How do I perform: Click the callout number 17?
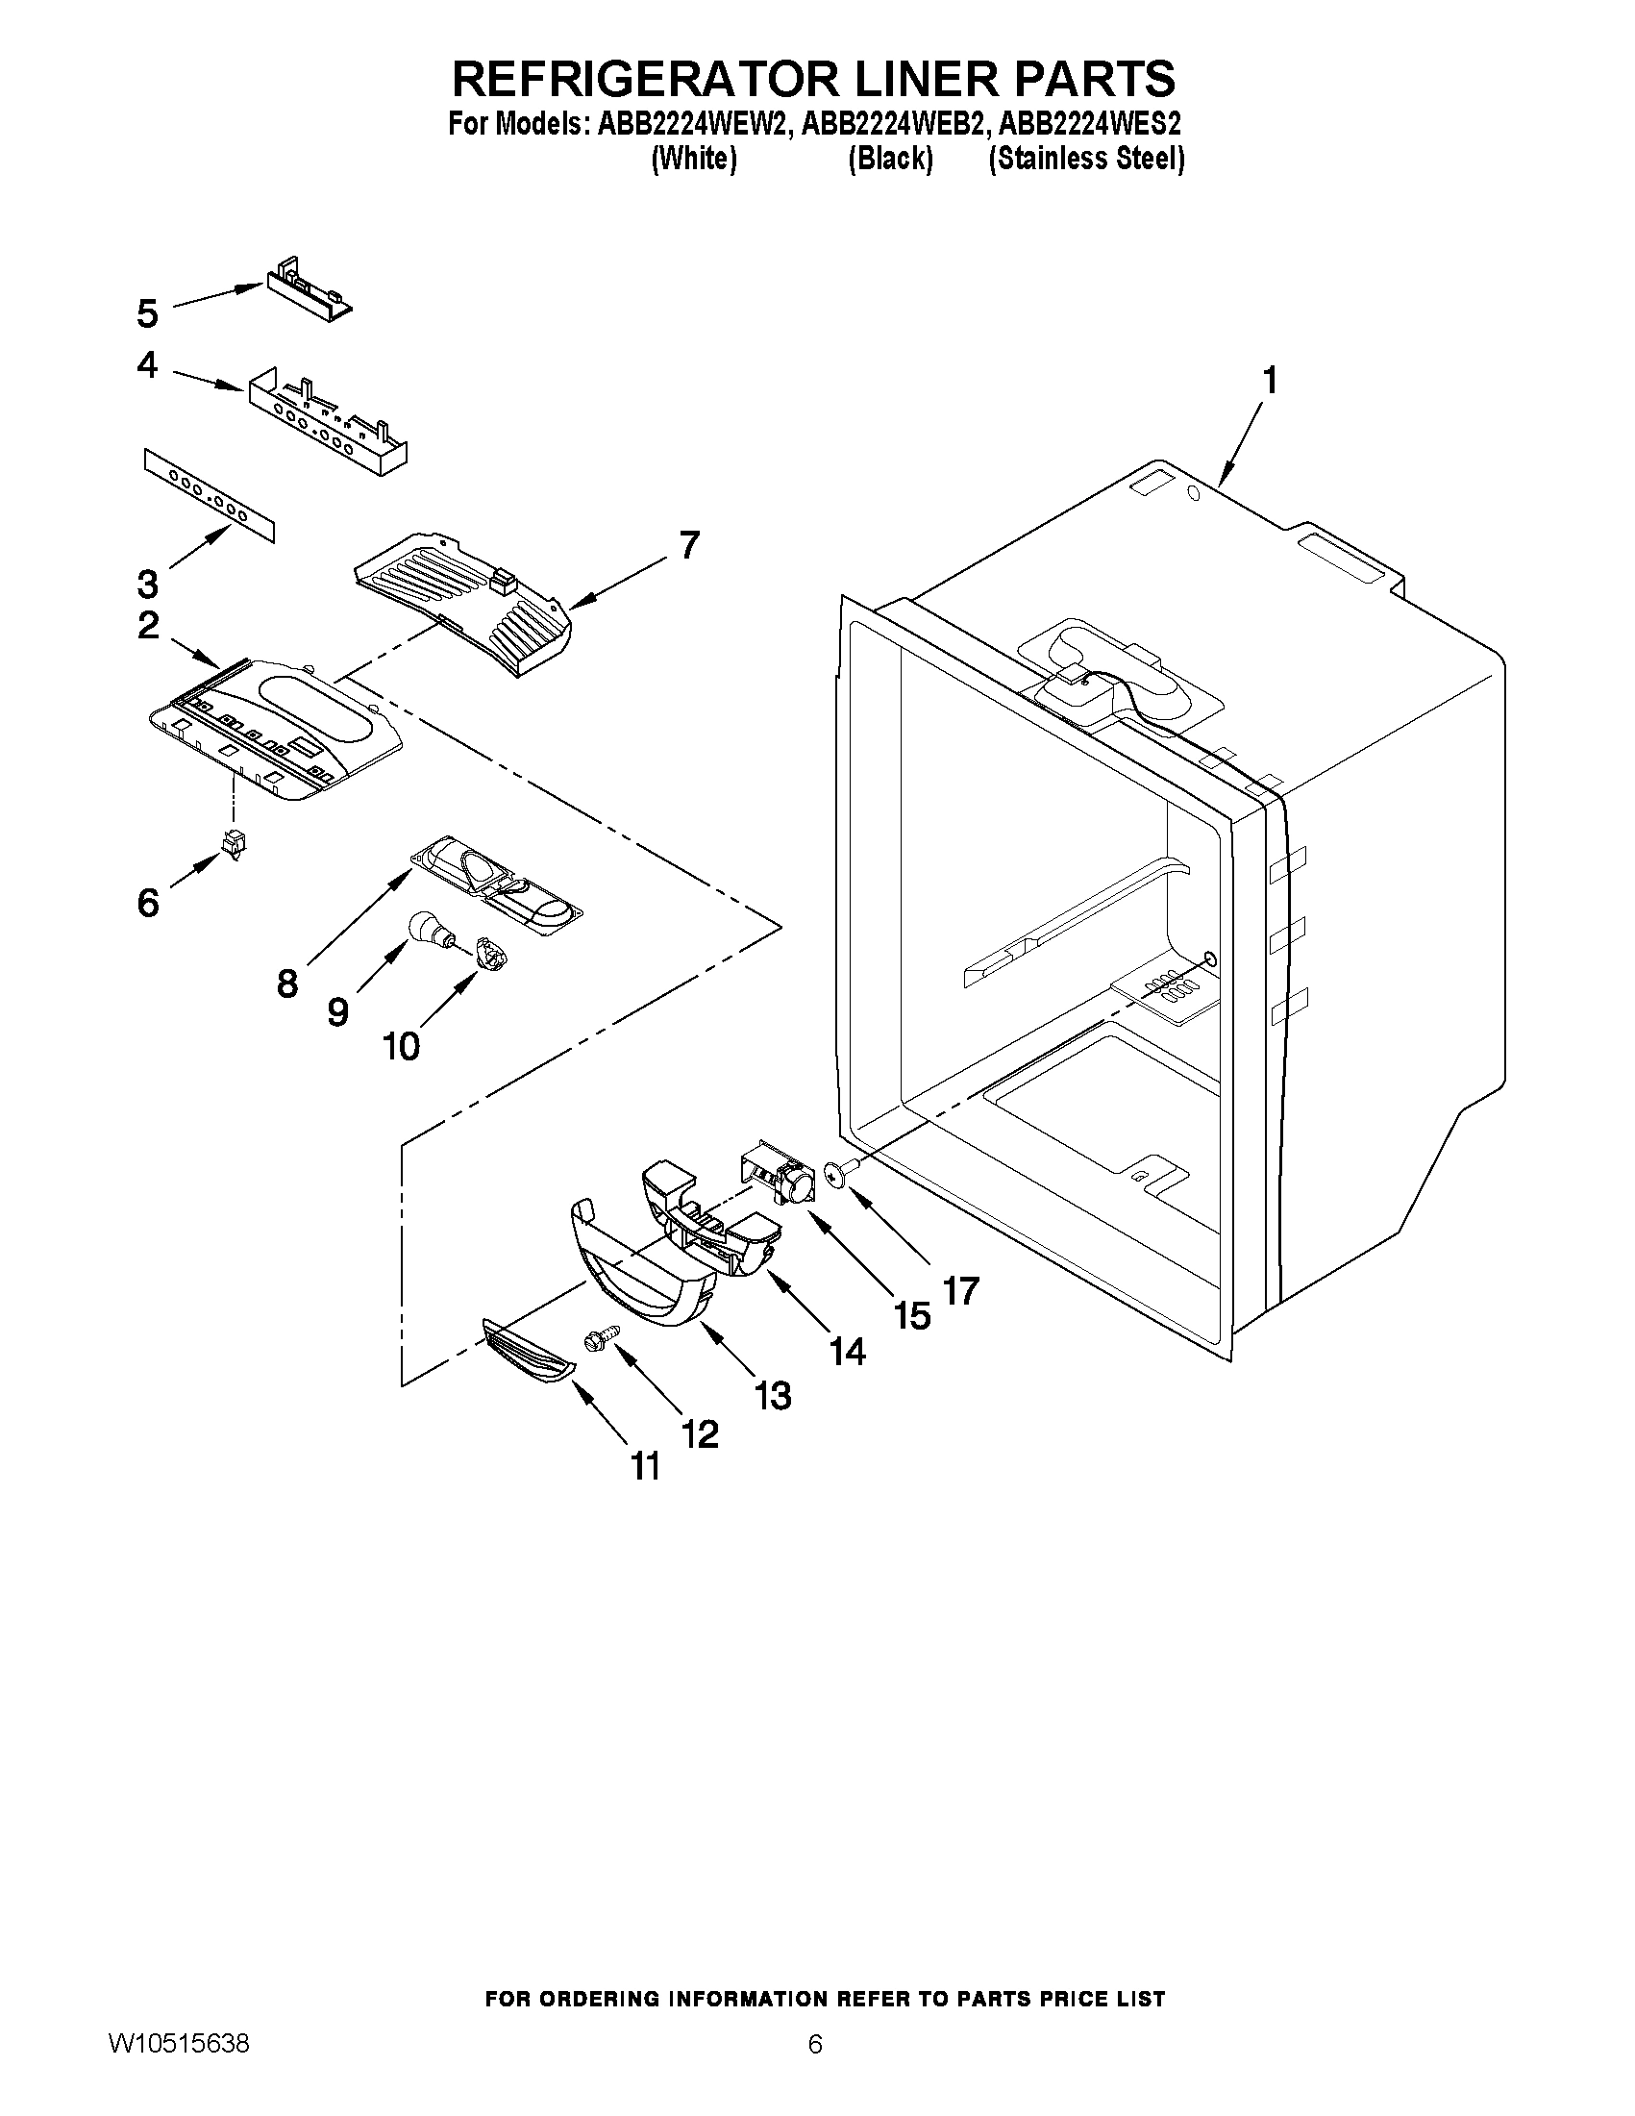click(961, 1289)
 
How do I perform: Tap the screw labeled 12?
click(594, 1341)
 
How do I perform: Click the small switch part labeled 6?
click(233, 844)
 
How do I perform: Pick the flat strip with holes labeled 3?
click(210, 493)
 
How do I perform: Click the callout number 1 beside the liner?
click(1268, 381)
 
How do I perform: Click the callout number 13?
click(773, 1395)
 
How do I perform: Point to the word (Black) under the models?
click(890, 159)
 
